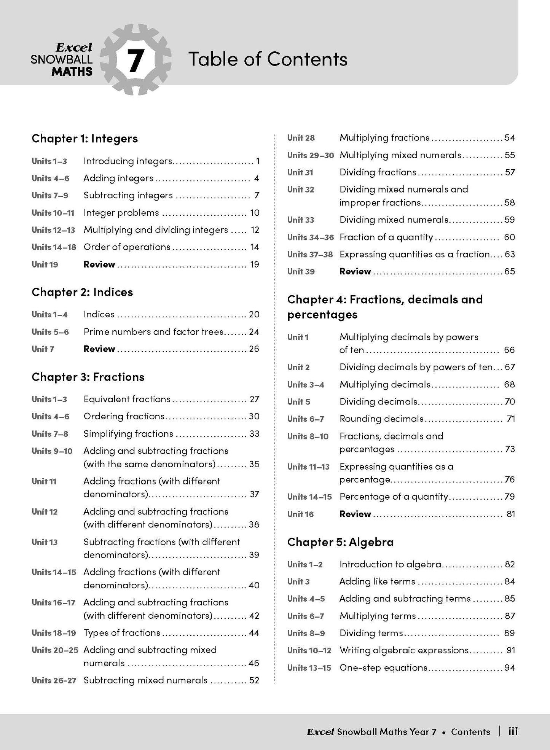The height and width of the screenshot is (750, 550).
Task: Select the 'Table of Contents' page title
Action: (x=268, y=59)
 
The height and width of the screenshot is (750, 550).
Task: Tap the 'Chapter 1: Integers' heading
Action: (x=84, y=139)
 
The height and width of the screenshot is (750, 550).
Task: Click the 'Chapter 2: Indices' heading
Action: (x=82, y=292)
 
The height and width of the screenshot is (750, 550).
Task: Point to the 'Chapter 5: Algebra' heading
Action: (x=340, y=542)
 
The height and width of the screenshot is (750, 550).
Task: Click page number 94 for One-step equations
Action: (x=510, y=667)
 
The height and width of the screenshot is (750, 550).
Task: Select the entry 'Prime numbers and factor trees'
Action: (x=153, y=332)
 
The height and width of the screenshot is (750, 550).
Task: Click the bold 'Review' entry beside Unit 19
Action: (x=99, y=264)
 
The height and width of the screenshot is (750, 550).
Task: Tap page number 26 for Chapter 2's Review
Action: (x=254, y=349)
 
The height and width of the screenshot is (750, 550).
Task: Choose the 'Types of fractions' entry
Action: (x=122, y=633)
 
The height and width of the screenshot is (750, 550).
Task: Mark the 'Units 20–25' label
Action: (x=55, y=650)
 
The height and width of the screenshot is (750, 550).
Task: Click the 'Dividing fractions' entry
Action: (x=378, y=172)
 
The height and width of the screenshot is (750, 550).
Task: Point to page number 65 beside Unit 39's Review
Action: (x=510, y=271)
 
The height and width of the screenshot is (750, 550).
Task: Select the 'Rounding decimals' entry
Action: (x=381, y=419)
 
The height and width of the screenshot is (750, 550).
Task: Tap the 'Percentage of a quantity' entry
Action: (x=394, y=497)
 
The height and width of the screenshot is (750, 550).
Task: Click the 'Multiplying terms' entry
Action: (x=378, y=616)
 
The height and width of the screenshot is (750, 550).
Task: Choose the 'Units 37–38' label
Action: (x=310, y=254)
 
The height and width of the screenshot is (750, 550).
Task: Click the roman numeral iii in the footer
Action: (x=513, y=732)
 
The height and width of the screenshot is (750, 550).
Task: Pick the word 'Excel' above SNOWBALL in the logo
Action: (x=74, y=48)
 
